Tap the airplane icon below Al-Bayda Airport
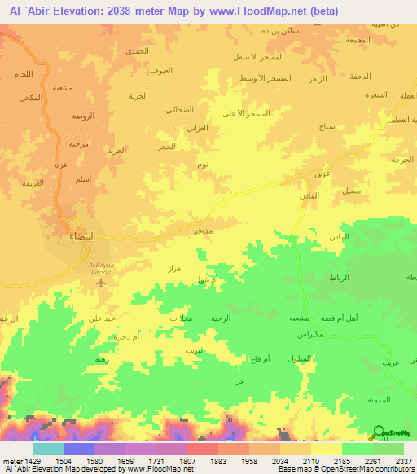(102, 283)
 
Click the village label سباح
(327, 128)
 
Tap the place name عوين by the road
(323, 174)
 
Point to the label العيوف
(162, 72)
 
